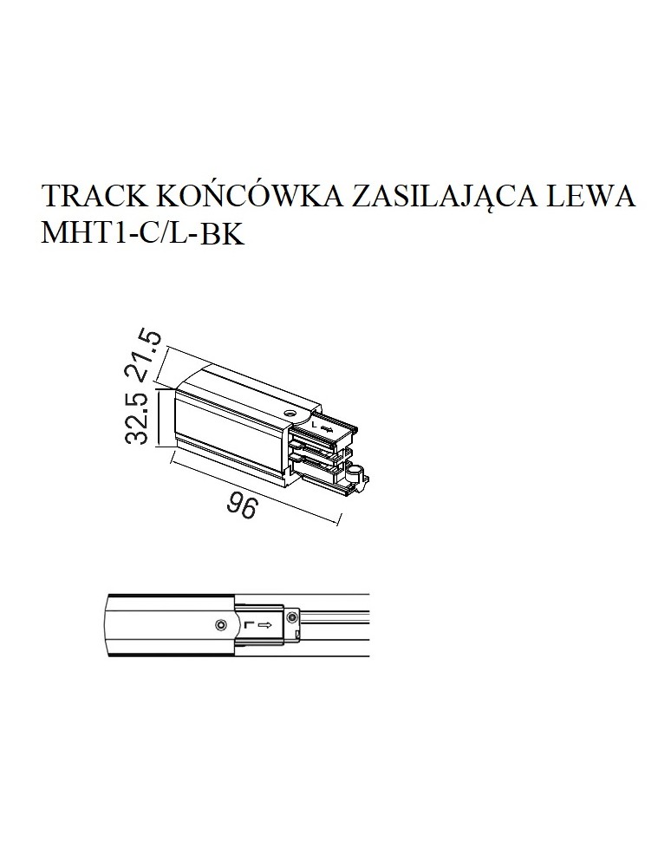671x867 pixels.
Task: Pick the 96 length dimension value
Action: [242, 506]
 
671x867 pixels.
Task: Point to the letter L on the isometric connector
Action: [315, 425]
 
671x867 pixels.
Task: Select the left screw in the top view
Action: [222, 624]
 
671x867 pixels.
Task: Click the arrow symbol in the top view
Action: [266, 623]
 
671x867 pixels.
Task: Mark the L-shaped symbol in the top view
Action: [249, 623]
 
